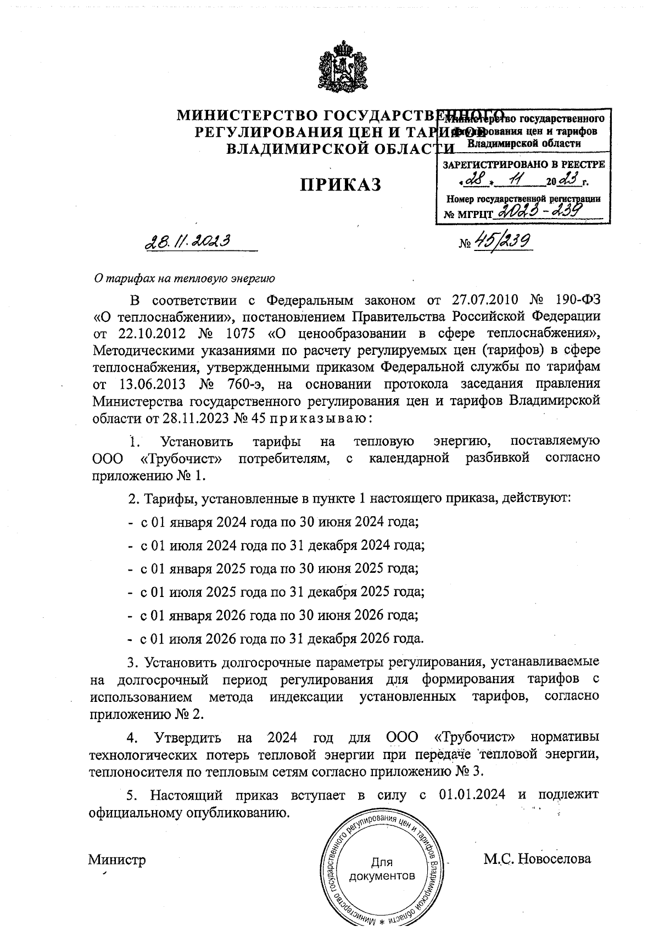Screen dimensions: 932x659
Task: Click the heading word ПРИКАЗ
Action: pos(340,185)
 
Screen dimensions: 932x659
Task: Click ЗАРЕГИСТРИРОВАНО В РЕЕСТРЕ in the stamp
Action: pos(523,164)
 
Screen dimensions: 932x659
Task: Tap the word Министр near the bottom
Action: pos(117,860)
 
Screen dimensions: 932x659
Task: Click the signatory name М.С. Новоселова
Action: pos(537,859)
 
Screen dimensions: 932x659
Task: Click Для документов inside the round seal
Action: pos(382,868)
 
